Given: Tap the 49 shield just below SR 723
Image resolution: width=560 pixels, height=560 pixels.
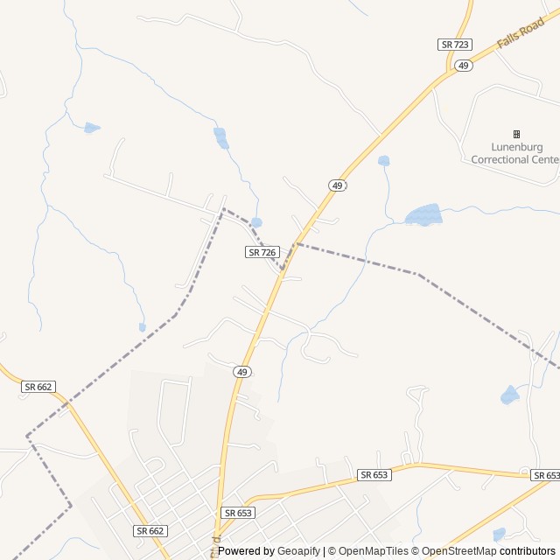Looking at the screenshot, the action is [464, 66].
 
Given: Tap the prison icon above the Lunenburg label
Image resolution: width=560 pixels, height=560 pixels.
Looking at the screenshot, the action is [516, 134].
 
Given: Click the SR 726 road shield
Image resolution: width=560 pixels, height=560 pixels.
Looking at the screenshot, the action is [262, 252].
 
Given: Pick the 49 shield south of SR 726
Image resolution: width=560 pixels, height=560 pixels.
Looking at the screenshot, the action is [242, 372].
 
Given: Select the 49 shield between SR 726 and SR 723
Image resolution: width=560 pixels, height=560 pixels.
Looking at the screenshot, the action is [337, 185].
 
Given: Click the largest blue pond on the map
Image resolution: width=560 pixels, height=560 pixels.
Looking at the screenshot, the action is [424, 214].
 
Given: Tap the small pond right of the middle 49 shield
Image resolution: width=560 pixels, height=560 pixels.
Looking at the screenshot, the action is [383, 161].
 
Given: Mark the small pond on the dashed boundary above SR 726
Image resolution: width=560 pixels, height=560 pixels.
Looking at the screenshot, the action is [255, 222].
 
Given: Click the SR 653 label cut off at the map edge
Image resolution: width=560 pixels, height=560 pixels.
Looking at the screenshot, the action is [545, 475].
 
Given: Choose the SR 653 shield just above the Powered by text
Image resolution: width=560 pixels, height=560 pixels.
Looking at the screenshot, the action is [237, 513].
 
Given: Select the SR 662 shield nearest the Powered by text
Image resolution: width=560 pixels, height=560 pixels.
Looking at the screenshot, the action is [150, 530].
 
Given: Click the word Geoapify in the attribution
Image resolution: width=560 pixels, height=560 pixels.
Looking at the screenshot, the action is [299, 551].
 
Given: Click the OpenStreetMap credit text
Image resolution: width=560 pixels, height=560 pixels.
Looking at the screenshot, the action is [459, 551].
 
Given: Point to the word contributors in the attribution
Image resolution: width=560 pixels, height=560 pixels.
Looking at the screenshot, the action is [528, 551].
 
